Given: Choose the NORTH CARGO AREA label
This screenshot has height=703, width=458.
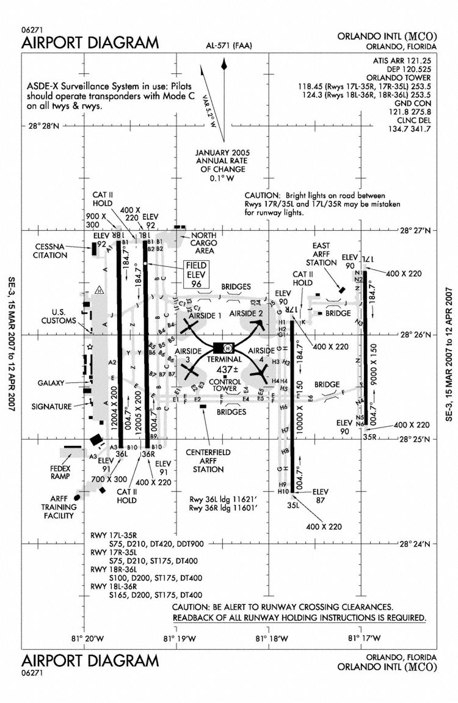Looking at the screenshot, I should tap(205, 243).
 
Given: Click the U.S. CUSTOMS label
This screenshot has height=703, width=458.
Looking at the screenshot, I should tap(59, 315).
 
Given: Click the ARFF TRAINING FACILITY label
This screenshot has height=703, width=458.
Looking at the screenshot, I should tap(58, 507).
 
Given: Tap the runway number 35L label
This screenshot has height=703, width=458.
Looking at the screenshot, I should tap(294, 504).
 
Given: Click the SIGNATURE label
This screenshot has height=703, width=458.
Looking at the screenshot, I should tap(52, 406).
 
